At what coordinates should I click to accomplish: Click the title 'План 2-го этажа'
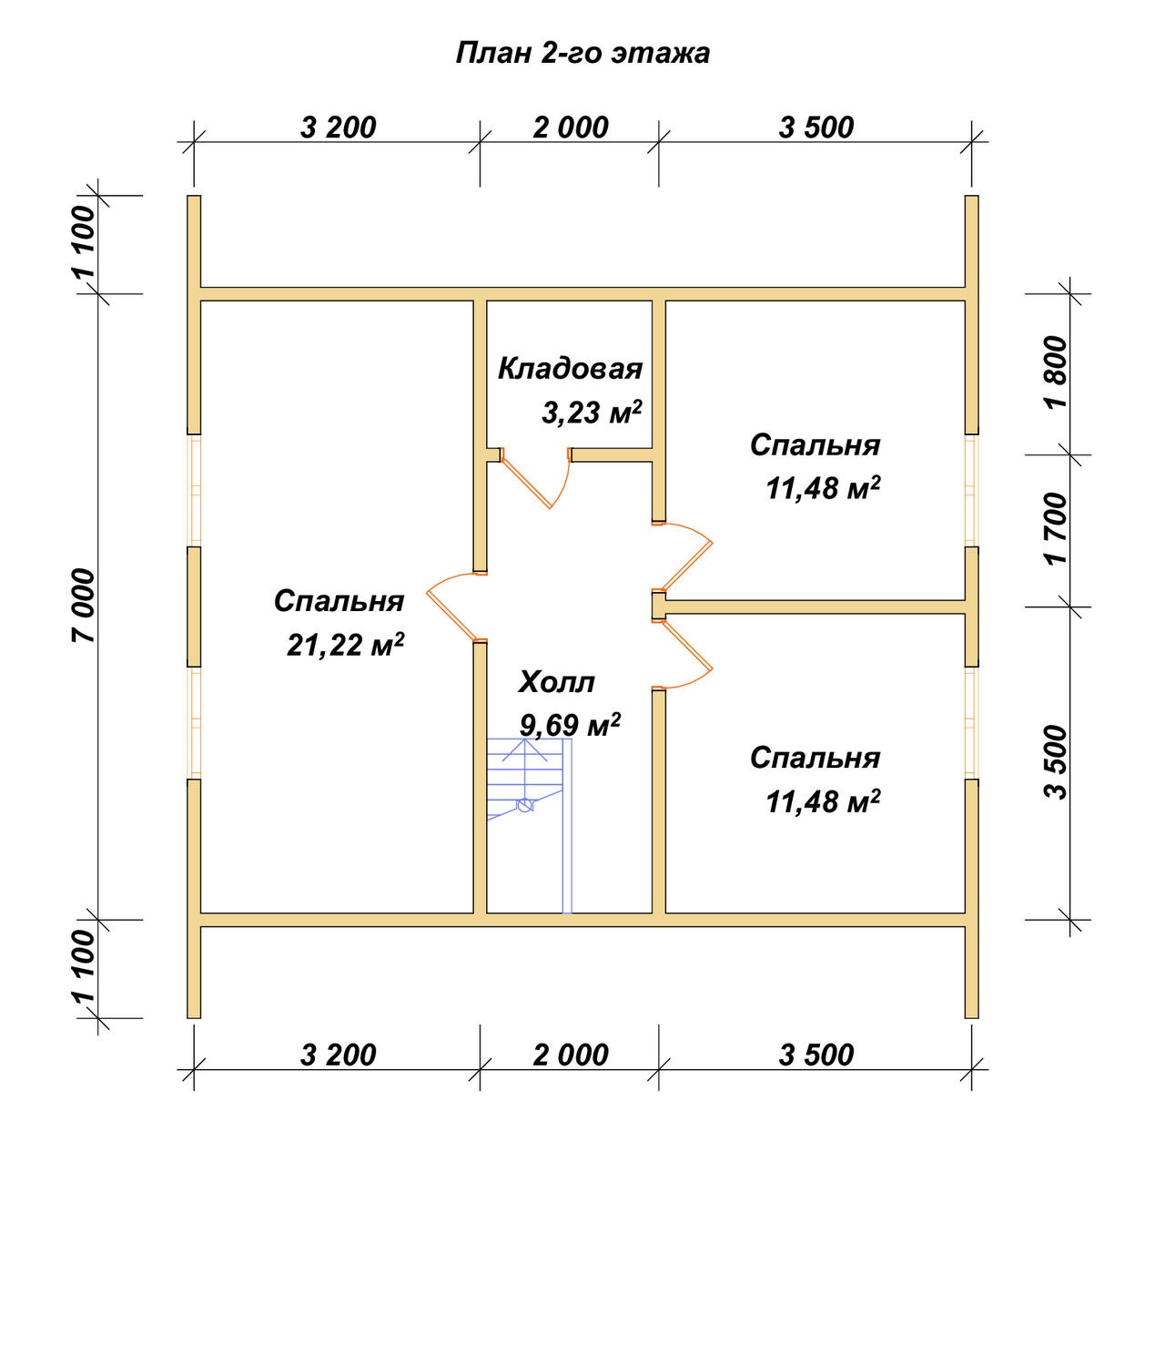point(582,54)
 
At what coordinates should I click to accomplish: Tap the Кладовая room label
point(570,369)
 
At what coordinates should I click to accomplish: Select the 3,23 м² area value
point(592,413)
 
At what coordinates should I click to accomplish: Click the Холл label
point(556,682)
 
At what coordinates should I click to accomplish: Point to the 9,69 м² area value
point(570,724)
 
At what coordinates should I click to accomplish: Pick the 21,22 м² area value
point(346,645)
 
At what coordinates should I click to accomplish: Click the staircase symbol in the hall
point(529,826)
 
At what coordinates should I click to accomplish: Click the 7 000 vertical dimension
point(83,607)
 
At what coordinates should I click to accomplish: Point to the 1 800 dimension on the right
point(1057,372)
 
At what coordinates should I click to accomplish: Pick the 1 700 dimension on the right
point(1057,529)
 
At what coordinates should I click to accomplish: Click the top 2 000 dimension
point(570,127)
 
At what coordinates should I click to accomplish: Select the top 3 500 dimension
point(816,127)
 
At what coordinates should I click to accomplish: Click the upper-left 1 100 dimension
point(83,242)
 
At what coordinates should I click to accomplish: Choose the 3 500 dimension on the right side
point(1057,762)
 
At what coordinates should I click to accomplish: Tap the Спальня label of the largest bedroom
point(339,601)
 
